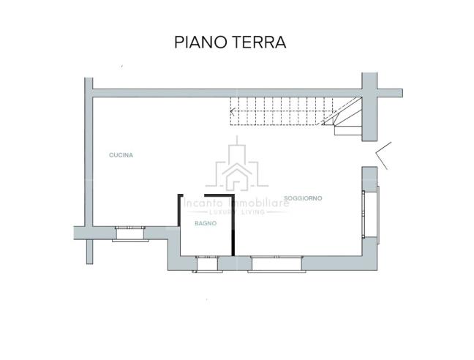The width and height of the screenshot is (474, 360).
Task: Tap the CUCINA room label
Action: [x=121, y=155]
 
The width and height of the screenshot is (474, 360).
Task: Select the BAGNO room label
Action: [x=205, y=223]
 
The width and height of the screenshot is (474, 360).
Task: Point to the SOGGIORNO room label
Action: [x=303, y=198]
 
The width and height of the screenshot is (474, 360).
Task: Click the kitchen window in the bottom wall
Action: [x=130, y=233]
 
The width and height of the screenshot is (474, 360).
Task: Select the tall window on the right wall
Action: [x=372, y=213]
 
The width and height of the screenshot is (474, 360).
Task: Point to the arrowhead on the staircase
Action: [x=233, y=113]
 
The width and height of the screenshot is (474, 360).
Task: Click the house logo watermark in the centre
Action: [x=237, y=167]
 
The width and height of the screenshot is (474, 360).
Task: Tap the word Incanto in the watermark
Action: [x=204, y=203]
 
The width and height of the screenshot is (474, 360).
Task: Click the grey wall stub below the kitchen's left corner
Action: [x=89, y=250]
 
